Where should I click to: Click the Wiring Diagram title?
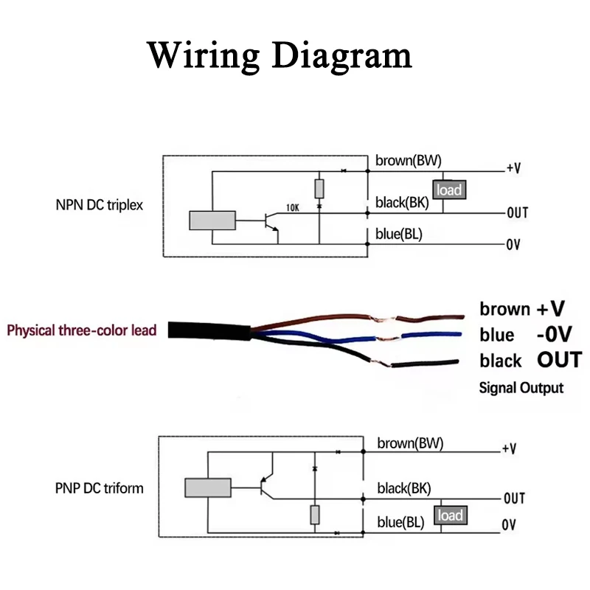pos(280,55)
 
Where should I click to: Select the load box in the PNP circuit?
pos(449,515)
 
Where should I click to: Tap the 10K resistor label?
pos(293,208)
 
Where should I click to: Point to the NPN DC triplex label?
pos(99,205)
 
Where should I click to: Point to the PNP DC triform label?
pos(99,487)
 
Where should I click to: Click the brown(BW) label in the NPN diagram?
pos(409,161)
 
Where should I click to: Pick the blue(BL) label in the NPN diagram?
pos(399,235)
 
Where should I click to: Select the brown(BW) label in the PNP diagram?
pos(410,443)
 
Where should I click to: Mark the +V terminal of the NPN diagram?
pos(513,168)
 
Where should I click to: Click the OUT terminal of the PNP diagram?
pos(514,499)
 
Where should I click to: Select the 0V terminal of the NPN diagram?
pos(513,245)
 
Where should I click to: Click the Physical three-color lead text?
pos(82,330)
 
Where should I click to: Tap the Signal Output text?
pos(521,387)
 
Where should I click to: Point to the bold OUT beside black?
pos(558,360)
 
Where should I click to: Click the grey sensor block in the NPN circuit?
pos(212,221)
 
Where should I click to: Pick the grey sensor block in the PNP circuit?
pos(208,487)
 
